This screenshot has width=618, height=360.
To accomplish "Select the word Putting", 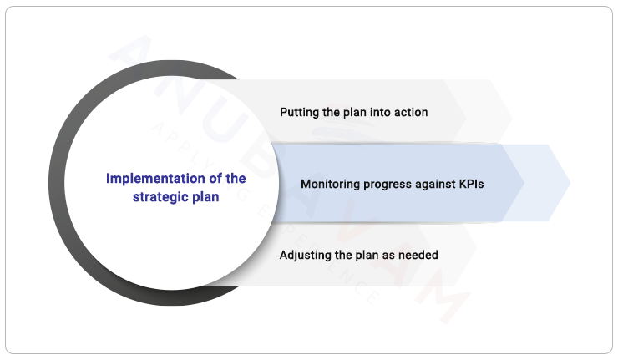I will [298, 112].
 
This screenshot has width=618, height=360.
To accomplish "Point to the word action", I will [409, 112].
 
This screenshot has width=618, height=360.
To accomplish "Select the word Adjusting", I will [306, 255].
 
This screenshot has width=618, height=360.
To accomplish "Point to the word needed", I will [419, 255].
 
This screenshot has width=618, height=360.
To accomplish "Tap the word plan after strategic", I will [204, 197].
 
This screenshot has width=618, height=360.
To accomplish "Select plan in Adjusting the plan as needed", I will [362, 255].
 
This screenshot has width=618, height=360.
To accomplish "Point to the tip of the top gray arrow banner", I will [511, 111].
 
